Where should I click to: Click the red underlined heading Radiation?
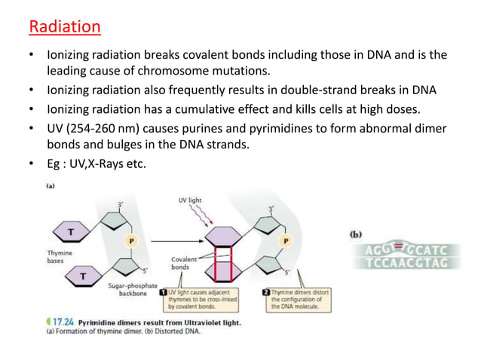point(64,28)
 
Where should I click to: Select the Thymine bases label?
point(60,258)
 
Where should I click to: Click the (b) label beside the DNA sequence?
point(354,234)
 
